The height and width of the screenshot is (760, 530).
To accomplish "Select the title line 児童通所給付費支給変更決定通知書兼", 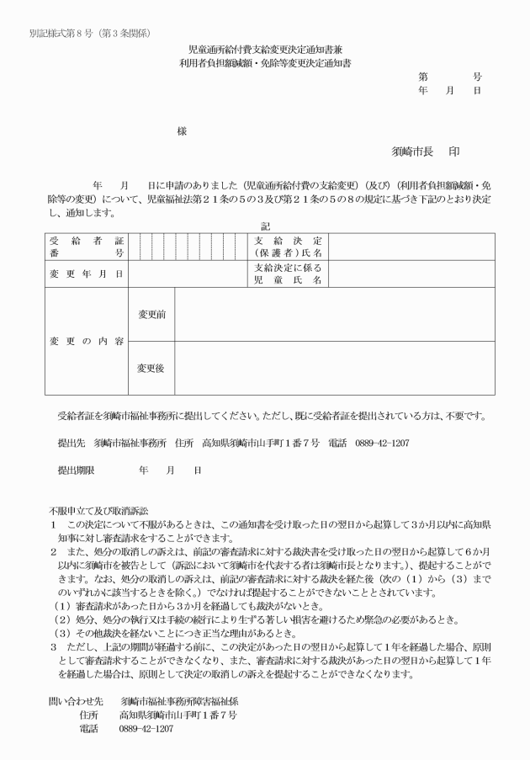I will point(264,51).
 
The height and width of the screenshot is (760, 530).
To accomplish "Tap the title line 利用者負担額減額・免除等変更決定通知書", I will point(264,64).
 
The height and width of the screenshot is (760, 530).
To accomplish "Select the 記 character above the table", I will point(266,226).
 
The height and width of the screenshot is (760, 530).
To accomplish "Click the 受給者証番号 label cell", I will point(86,247).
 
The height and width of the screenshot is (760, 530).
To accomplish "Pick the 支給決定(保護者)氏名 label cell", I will point(288,247).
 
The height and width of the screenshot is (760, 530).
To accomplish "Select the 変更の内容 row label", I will point(86,342).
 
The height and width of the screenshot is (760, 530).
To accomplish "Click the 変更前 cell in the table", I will point(151,314).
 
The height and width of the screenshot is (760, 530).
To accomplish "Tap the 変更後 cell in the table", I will point(151,368).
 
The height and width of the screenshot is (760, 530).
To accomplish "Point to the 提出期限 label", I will point(74,471).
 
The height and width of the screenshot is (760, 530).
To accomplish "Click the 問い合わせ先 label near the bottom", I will point(72,701).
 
